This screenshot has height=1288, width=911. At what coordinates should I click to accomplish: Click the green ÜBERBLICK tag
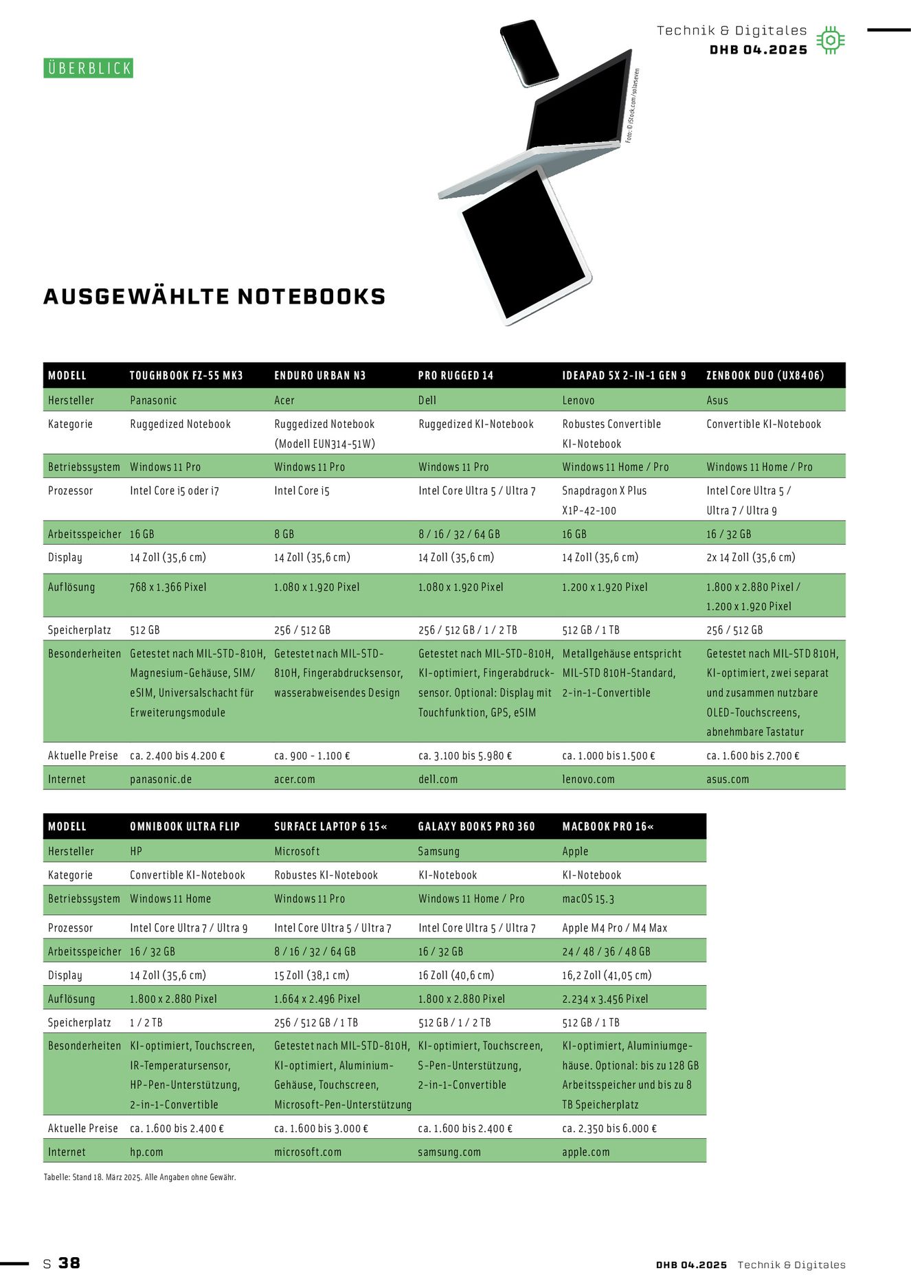(x=88, y=68)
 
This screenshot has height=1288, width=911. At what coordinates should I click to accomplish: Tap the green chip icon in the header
(x=831, y=41)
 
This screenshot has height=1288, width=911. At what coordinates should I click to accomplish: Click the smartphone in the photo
(x=529, y=52)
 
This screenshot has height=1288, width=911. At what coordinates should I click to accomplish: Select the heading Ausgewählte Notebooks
(x=214, y=297)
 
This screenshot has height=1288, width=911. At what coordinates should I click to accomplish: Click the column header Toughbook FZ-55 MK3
(x=186, y=376)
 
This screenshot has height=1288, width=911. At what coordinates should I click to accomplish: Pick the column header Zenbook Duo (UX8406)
(x=765, y=376)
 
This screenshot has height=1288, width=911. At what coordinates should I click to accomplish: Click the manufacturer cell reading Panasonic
(x=153, y=400)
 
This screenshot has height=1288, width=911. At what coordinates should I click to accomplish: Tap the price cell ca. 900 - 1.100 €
(x=312, y=756)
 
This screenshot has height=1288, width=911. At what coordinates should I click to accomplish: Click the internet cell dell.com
(x=438, y=780)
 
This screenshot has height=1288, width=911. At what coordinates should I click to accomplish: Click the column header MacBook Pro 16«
(x=607, y=826)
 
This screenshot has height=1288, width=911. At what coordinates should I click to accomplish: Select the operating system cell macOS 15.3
(x=588, y=899)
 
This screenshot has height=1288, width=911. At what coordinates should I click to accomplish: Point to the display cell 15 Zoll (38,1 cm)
(x=311, y=975)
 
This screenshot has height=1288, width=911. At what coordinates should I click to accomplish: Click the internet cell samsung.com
(x=449, y=1152)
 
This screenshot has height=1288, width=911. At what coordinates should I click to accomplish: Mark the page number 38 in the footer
(x=69, y=1263)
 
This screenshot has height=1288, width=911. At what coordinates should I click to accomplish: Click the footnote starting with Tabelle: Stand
(x=139, y=1177)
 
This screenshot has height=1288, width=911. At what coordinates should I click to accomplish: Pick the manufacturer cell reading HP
(x=136, y=851)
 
